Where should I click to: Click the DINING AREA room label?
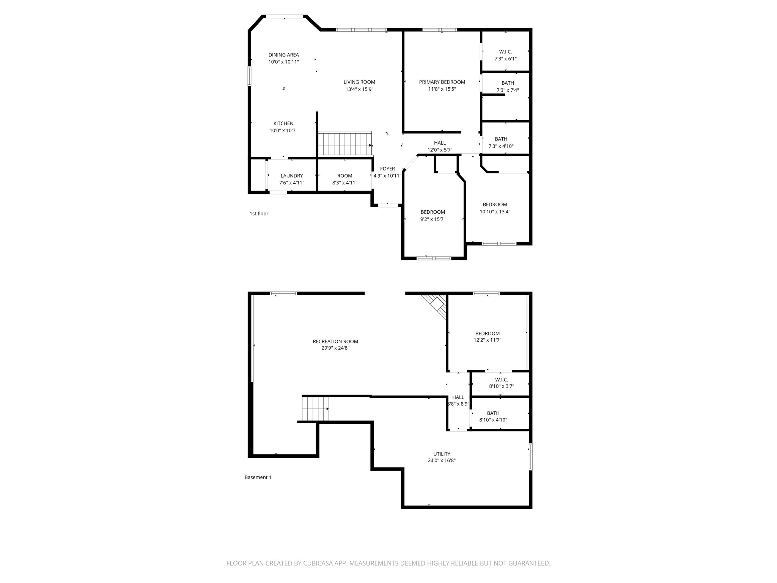coord(283,55)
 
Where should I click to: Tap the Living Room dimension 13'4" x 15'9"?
coord(359,89)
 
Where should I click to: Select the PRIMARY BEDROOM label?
coord(442,82)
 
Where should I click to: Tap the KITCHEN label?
coord(283,123)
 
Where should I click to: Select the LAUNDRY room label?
coord(292,176)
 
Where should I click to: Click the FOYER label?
coord(387,169)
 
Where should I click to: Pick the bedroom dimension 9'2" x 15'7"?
coord(433,219)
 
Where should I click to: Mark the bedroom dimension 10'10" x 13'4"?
coord(495,212)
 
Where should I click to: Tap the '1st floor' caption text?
coord(259,214)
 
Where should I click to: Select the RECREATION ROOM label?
coord(335,341)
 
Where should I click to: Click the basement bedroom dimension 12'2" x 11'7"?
coord(488,340)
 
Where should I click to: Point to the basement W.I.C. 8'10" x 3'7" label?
coord(501,380)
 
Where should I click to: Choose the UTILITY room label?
coord(442,454)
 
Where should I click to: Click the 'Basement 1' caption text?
coord(258,477)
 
